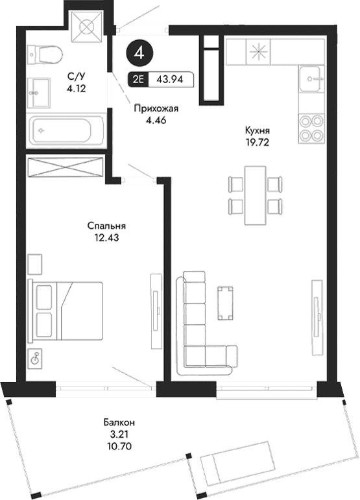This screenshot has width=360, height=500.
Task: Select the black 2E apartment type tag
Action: click(138, 80)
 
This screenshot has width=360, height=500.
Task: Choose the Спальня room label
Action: click(106, 226)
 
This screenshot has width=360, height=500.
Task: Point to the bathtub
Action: click(66, 130)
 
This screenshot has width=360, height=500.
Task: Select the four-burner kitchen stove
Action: click(311, 128)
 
